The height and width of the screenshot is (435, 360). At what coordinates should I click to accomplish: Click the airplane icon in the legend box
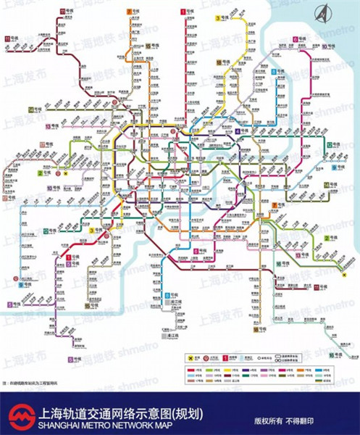(191, 358)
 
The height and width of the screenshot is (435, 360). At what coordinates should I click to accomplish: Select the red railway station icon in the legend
(205, 358)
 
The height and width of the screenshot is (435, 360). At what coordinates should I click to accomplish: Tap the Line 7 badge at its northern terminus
(130, 12)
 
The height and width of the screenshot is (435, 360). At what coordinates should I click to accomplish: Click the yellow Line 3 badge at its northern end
(217, 17)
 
